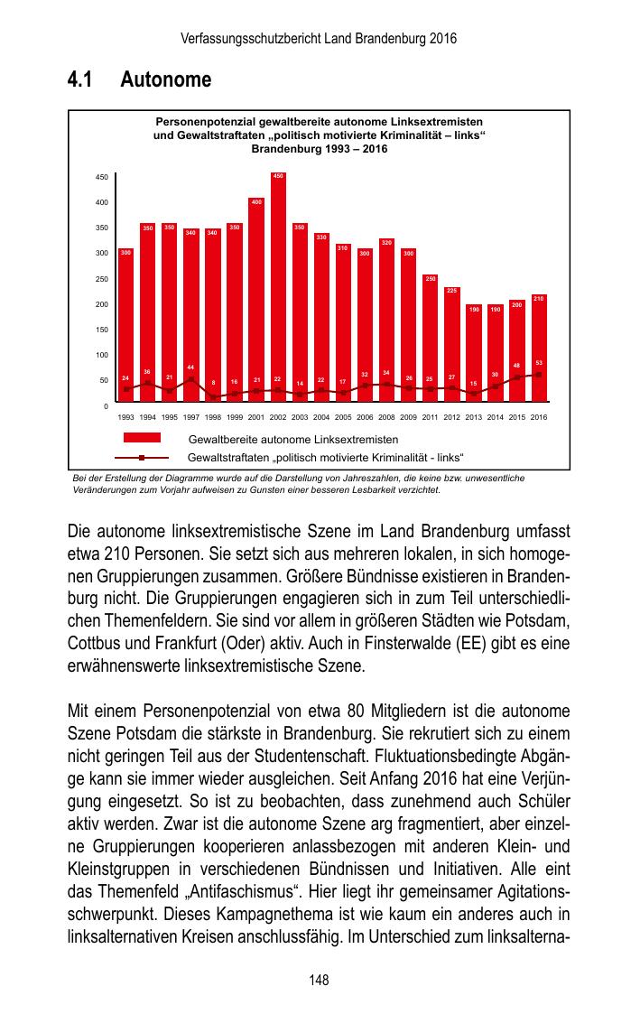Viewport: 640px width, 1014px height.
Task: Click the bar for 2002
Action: click(x=278, y=289)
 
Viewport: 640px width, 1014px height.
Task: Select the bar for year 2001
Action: click(x=256, y=302)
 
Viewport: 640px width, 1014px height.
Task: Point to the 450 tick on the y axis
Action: click(x=102, y=177)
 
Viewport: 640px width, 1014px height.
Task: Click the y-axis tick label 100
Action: click(x=102, y=355)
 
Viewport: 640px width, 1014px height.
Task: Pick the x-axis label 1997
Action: click(x=191, y=417)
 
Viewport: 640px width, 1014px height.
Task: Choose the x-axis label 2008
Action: click(x=386, y=417)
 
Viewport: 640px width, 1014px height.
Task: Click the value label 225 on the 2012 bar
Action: click(x=452, y=290)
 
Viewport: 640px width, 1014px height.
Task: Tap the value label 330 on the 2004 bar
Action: click(x=321, y=237)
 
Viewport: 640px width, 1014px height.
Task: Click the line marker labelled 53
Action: click(x=539, y=374)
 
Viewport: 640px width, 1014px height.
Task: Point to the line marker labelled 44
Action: click(x=191, y=379)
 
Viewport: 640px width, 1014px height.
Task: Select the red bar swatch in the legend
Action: click(x=136, y=438)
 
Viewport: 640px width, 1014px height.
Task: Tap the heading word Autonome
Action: click(x=166, y=80)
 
